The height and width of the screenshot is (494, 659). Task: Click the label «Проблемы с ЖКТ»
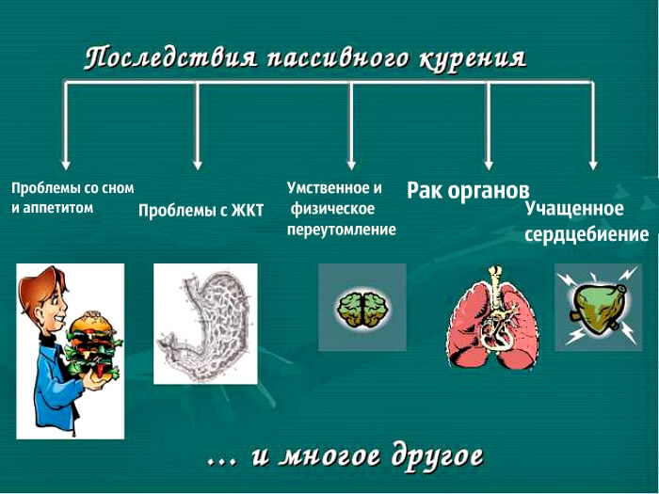click(x=201, y=210)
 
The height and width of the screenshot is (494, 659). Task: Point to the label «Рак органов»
click(x=468, y=191)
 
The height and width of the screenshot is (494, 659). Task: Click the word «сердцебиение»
click(x=587, y=234)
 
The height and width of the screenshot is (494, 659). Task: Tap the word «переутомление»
click(x=341, y=230)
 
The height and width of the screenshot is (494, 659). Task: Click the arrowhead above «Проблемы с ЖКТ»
click(x=198, y=165)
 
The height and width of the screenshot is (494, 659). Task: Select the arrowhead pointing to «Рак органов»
click(x=489, y=165)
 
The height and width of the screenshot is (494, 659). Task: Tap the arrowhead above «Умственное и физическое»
click(x=352, y=165)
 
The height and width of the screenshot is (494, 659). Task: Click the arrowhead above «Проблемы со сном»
click(x=66, y=165)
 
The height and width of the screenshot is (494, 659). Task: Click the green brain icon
click(x=364, y=310)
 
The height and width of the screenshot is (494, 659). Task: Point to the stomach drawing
click(x=205, y=326)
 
